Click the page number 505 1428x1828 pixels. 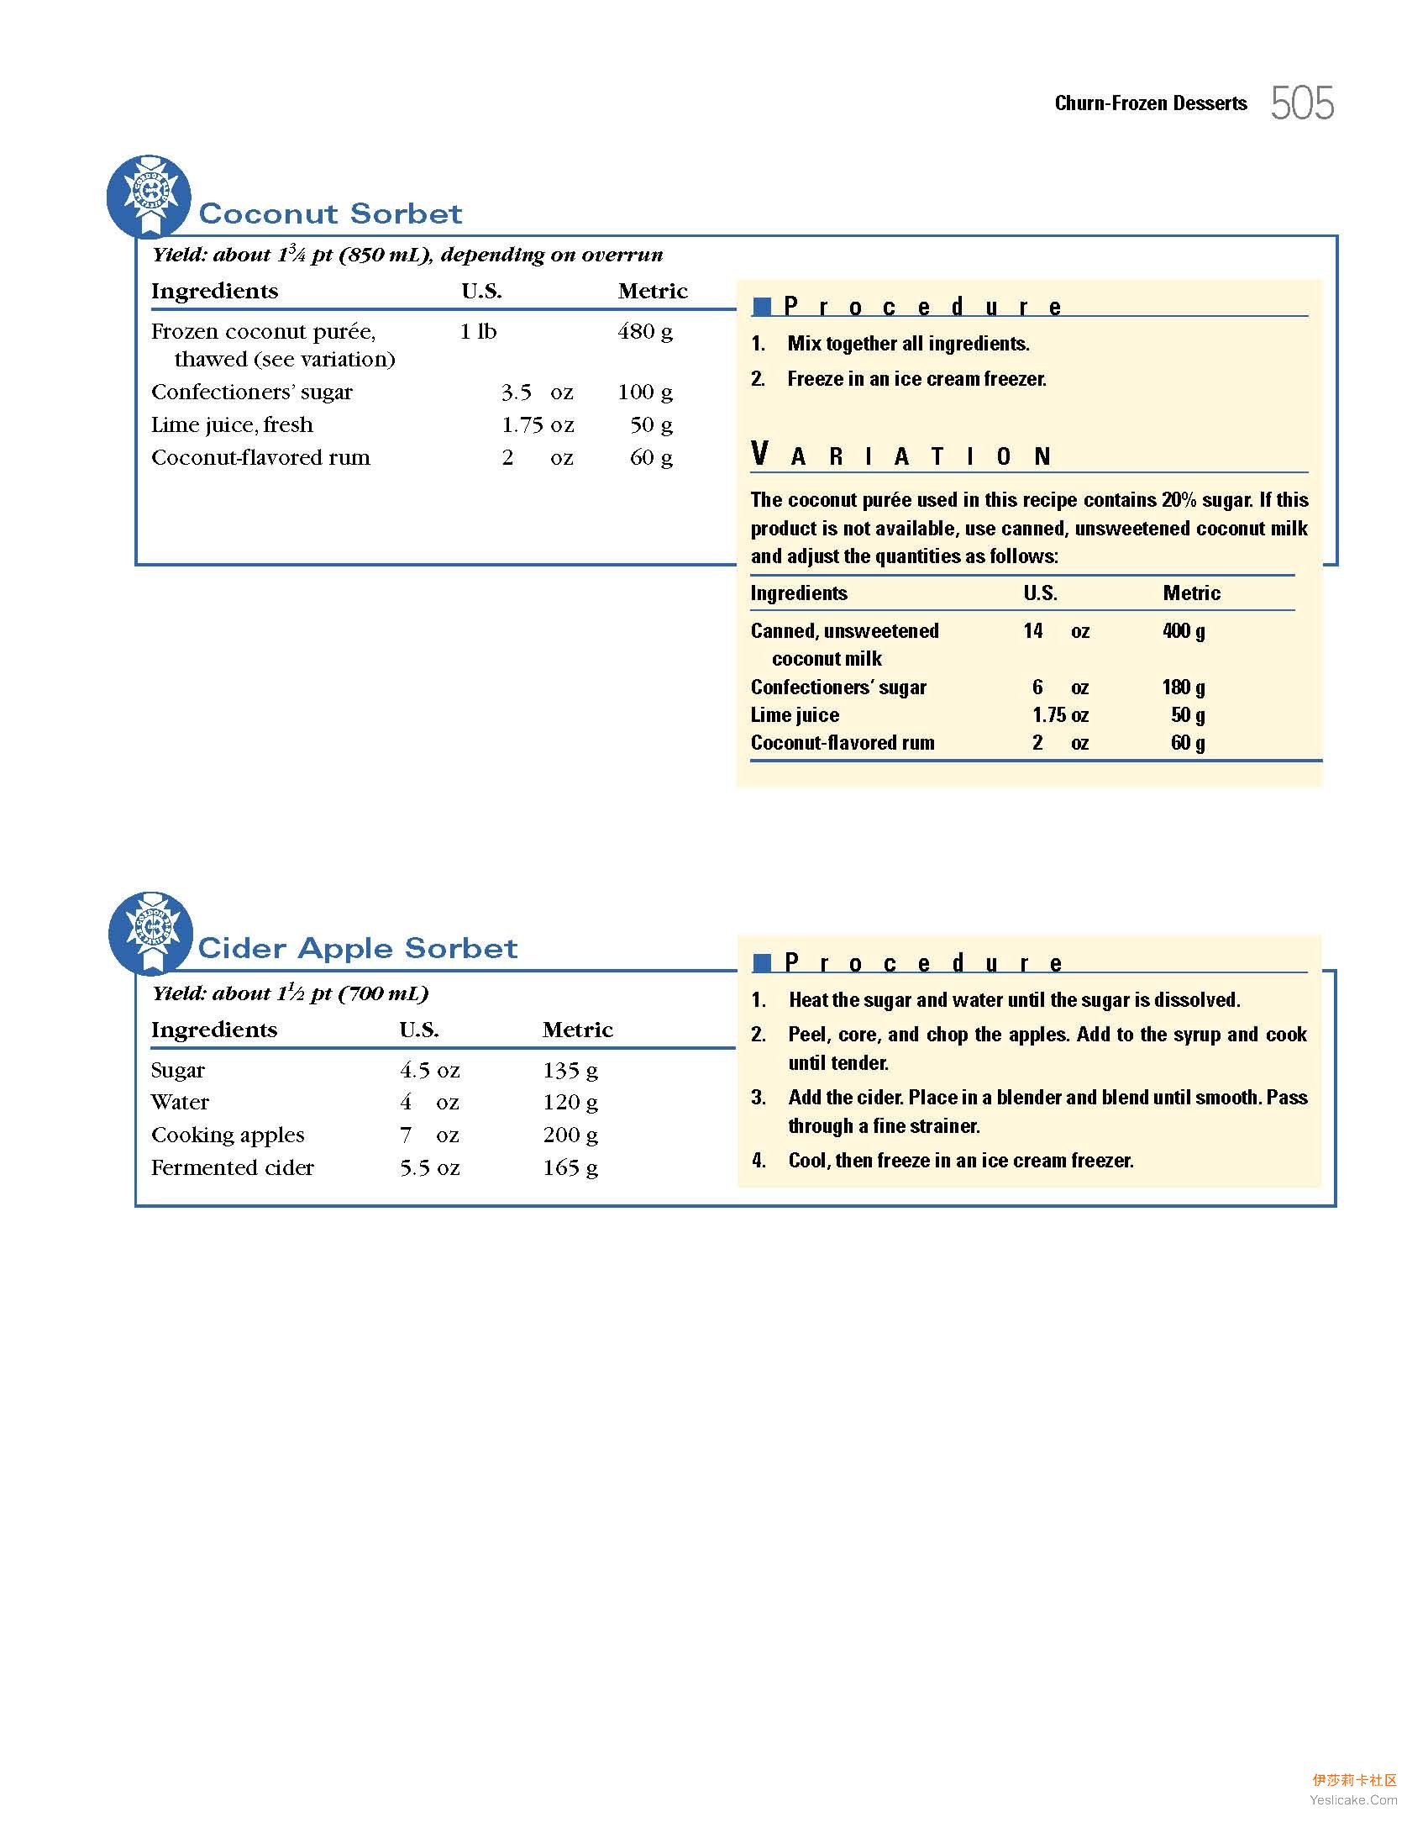pos(1302,103)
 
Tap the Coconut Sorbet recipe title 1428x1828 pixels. pos(330,213)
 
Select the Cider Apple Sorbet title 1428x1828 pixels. pos(358,948)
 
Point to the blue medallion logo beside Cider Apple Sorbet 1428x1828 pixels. pos(151,931)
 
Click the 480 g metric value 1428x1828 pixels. pos(645,331)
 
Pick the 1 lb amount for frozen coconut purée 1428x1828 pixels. pos(478,331)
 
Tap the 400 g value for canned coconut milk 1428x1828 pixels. pos(1184,631)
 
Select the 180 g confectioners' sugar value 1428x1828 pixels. pos(1184,687)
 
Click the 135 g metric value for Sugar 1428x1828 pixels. pos(570,1070)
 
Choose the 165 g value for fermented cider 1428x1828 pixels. pos(570,1167)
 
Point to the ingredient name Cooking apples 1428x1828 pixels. pos(228,1135)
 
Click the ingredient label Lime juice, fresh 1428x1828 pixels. pos(232,424)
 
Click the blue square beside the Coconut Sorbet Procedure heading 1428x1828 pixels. pos(762,307)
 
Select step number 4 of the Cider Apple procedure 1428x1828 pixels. pos(759,1161)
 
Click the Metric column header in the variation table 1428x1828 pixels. pos(1191,593)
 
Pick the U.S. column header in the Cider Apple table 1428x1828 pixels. pos(418,1030)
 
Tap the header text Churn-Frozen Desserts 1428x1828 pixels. pos(1151,103)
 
